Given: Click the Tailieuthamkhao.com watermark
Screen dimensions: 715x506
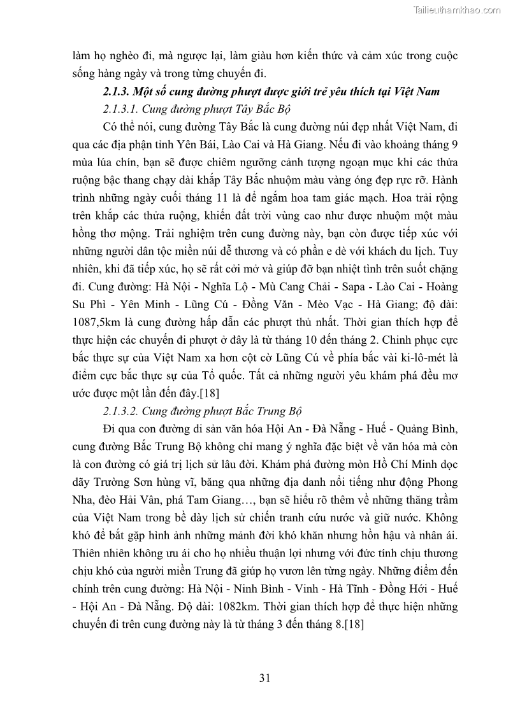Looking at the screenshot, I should point(457,10).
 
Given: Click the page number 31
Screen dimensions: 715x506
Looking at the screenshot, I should point(266,677).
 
